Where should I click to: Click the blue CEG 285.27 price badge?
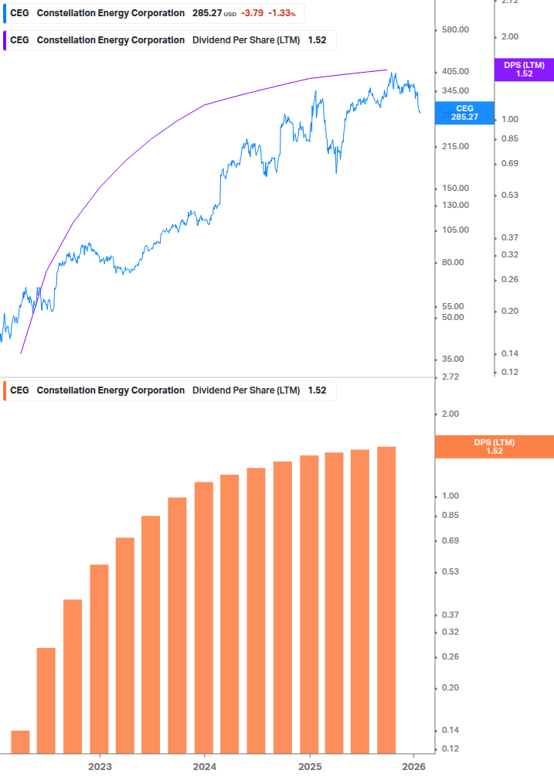pos(464,113)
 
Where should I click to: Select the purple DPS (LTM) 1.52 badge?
pos(524,70)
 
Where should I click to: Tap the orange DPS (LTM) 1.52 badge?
pos(495,446)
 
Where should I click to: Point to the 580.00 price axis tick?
pos(454,30)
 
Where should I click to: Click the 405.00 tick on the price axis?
pos(454,72)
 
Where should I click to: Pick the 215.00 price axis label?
pos(454,146)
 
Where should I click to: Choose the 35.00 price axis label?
pos(451,359)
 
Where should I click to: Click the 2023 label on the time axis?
pos(100,767)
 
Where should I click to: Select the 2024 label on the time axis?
pos(204,767)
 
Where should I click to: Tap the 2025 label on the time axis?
pos(309,767)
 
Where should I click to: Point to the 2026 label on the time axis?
pos(414,767)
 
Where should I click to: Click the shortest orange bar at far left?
pos(20,741)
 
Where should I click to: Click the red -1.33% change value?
pos(281,13)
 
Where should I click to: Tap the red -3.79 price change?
pos(253,13)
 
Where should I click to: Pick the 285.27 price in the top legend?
pos(206,13)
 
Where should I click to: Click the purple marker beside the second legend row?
pos(5,40)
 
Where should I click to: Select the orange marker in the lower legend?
pos(5,390)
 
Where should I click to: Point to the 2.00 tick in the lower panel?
pos(428,414)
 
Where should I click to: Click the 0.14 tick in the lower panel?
pos(428,730)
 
